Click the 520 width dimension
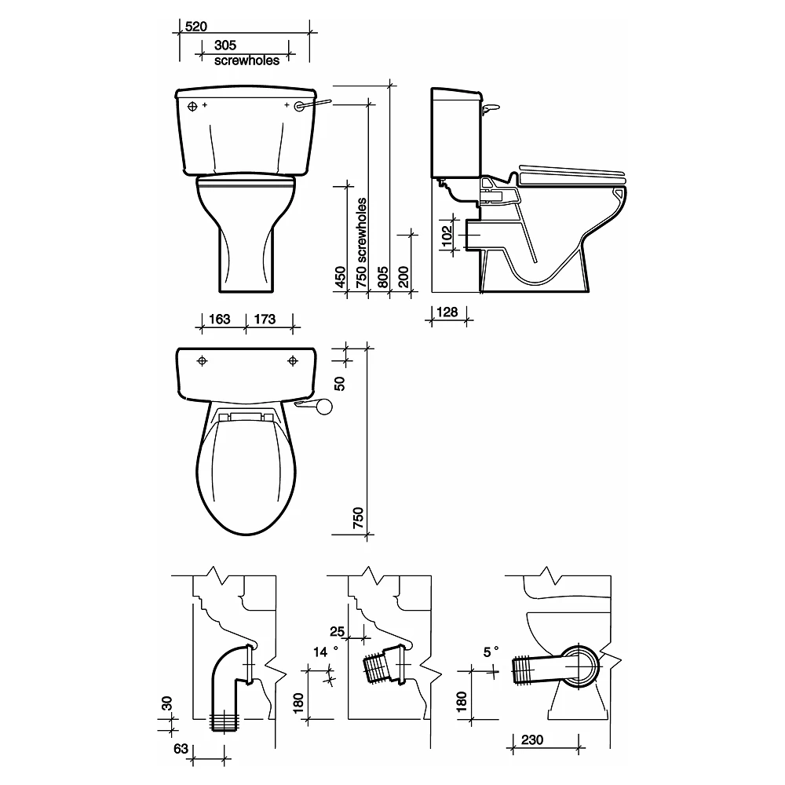coord(195,26)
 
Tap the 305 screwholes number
coord(225,45)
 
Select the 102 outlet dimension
coord(447,235)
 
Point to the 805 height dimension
coord(382,277)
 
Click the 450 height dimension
coord(340,277)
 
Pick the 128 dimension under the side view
coord(447,312)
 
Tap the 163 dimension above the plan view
coord(219,319)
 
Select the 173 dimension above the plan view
coord(265,319)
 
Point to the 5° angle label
coord(491,652)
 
